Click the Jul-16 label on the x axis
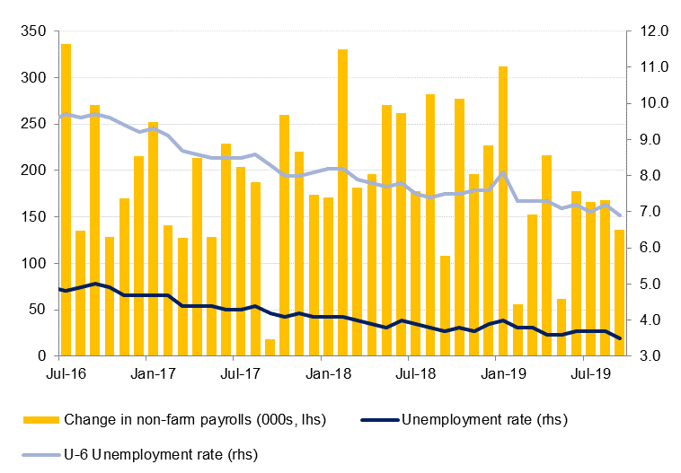(66, 372)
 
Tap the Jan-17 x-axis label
(153, 372)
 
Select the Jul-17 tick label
(241, 372)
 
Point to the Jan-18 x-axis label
(329, 372)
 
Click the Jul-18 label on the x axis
(416, 372)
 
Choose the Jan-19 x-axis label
(503, 372)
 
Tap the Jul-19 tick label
(591, 372)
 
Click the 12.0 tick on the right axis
(650, 31)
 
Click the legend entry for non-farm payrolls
(194, 419)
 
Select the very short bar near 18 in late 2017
(270, 348)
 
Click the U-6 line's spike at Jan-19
(503, 172)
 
